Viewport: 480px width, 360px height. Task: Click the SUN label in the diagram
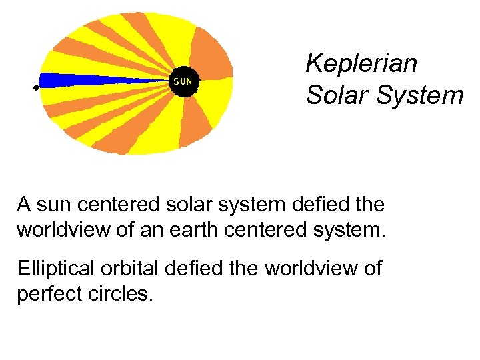[x=183, y=81]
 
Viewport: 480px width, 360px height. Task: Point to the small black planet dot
[x=36, y=87]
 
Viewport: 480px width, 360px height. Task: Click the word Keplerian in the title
[x=361, y=64]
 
